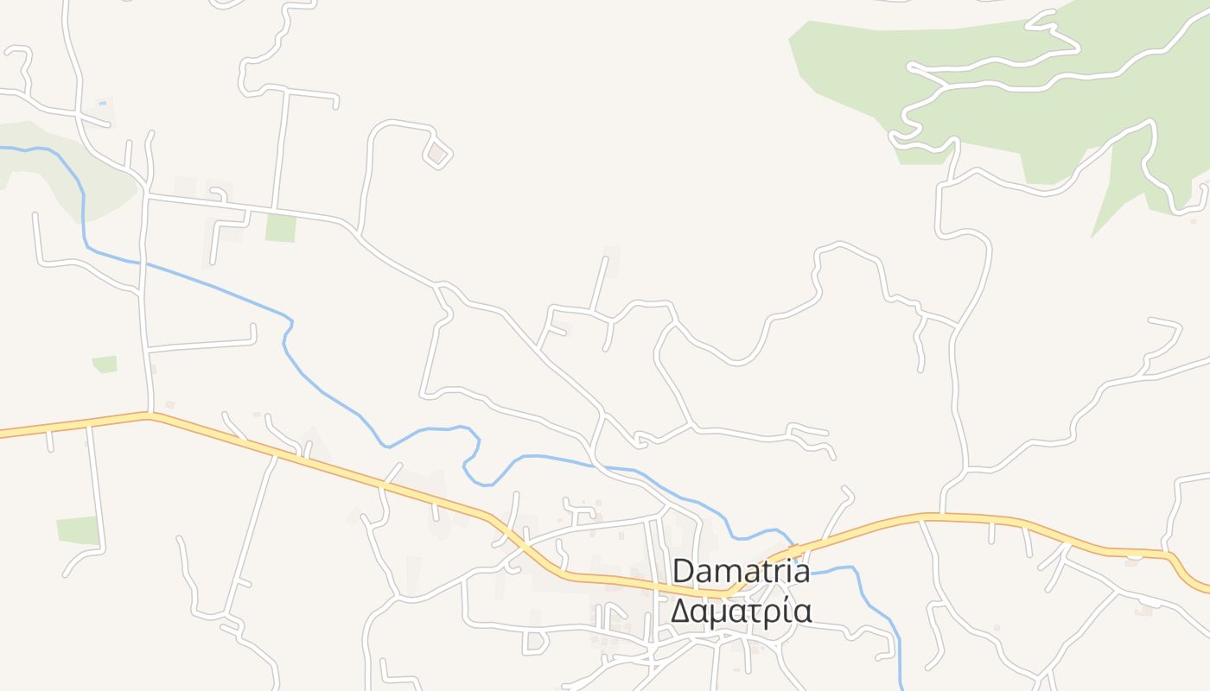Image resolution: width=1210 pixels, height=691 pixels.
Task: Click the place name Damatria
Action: [741, 571]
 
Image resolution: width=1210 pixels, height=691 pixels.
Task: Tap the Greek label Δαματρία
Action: [741, 611]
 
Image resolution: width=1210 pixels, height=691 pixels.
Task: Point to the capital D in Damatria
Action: [683, 571]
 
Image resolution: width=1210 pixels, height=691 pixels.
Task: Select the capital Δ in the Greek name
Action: [681, 611]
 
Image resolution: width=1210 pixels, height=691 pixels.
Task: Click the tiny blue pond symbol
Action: [103, 104]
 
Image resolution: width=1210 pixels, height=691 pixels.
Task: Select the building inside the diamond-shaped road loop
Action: [437, 154]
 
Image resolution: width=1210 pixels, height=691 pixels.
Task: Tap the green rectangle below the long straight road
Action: [280, 228]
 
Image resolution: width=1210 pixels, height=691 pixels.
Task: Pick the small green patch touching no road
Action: [105, 365]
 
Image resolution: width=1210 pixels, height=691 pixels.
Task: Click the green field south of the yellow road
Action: [79, 530]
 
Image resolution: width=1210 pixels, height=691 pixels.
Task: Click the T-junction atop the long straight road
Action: [286, 90]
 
